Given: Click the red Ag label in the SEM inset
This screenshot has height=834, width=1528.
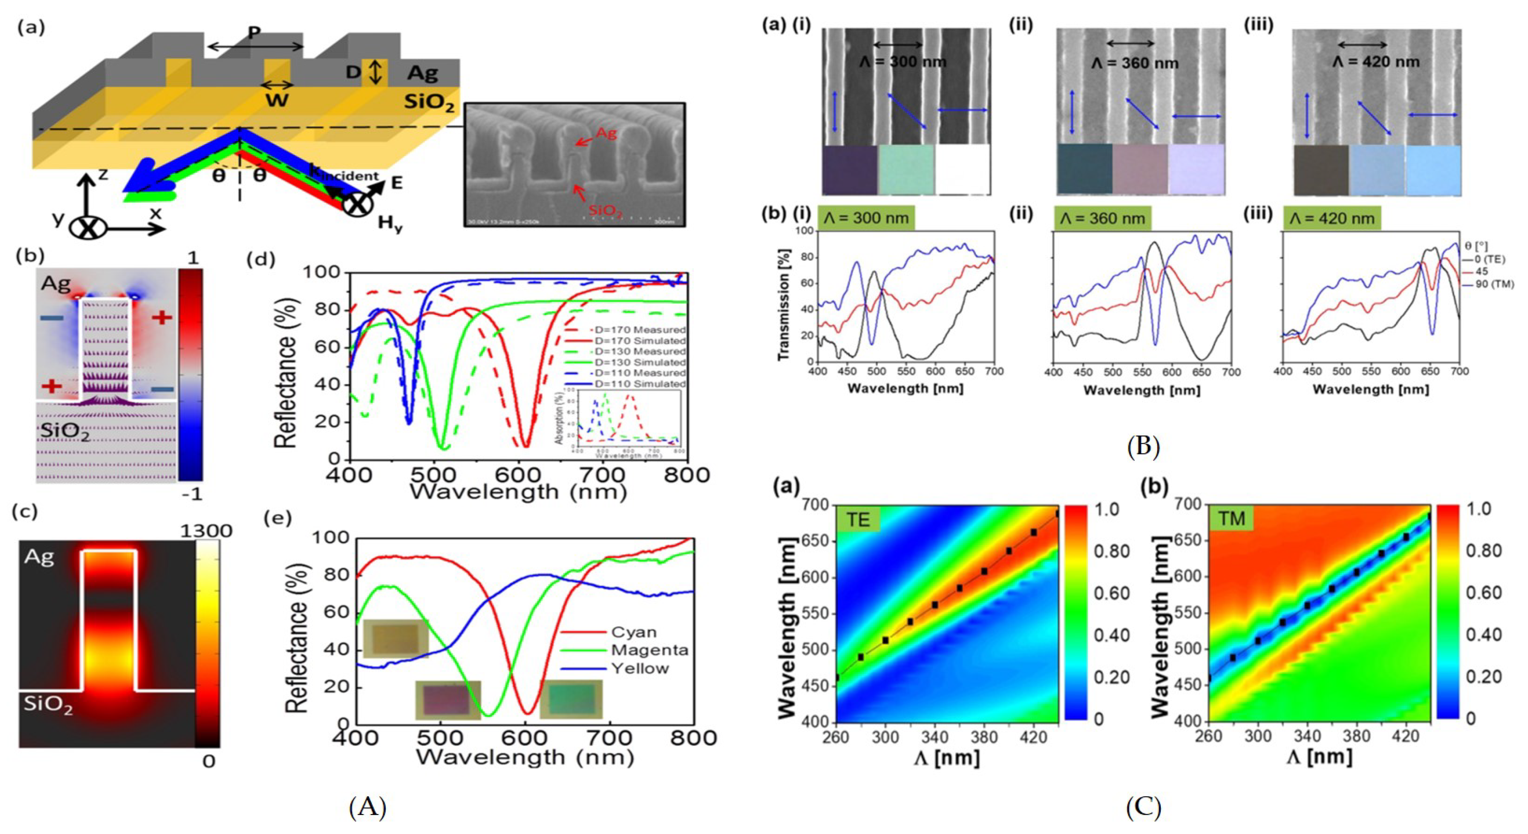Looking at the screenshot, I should tap(606, 133).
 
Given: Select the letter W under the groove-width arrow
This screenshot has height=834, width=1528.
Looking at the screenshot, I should tap(276, 100).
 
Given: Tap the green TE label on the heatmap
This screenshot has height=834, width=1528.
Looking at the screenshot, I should tap(858, 519).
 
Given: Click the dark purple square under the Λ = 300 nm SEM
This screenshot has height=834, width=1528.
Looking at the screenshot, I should tap(849, 171).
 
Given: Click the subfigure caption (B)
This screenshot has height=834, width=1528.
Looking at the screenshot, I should tap(1143, 446).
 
